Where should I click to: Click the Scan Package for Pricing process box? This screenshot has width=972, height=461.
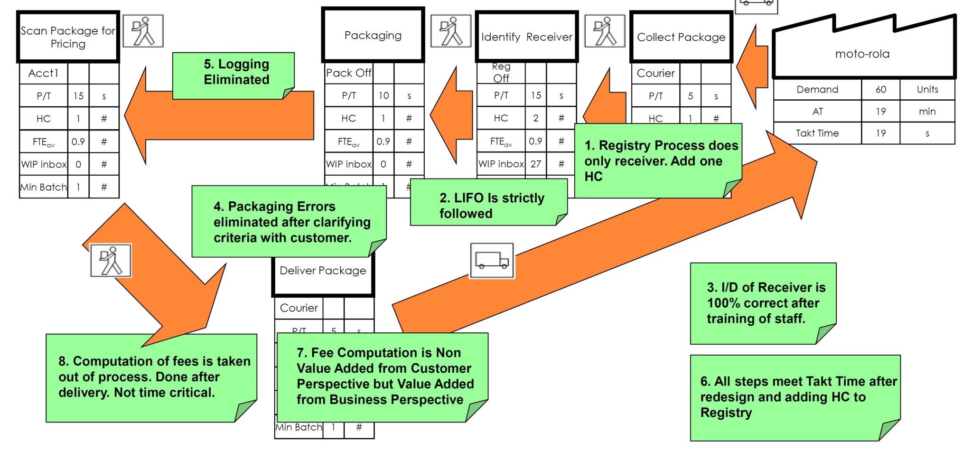click(68, 37)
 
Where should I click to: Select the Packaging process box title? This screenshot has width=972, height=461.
click(373, 35)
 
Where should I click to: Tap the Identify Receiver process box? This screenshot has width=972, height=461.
click(526, 37)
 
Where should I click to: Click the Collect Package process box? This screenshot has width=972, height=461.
click(681, 37)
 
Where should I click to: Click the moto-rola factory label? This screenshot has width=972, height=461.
click(862, 54)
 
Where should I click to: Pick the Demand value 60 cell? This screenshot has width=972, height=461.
click(880, 89)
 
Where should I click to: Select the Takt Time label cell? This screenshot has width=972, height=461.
click(817, 133)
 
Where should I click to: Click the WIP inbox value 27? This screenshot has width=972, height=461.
click(535, 164)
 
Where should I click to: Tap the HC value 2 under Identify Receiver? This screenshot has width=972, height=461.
click(535, 118)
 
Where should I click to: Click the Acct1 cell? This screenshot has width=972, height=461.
click(43, 73)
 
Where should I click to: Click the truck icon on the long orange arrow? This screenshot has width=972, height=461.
click(492, 261)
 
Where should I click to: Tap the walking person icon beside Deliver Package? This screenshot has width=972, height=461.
click(111, 261)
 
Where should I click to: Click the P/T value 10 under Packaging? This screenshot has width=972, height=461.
click(383, 96)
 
